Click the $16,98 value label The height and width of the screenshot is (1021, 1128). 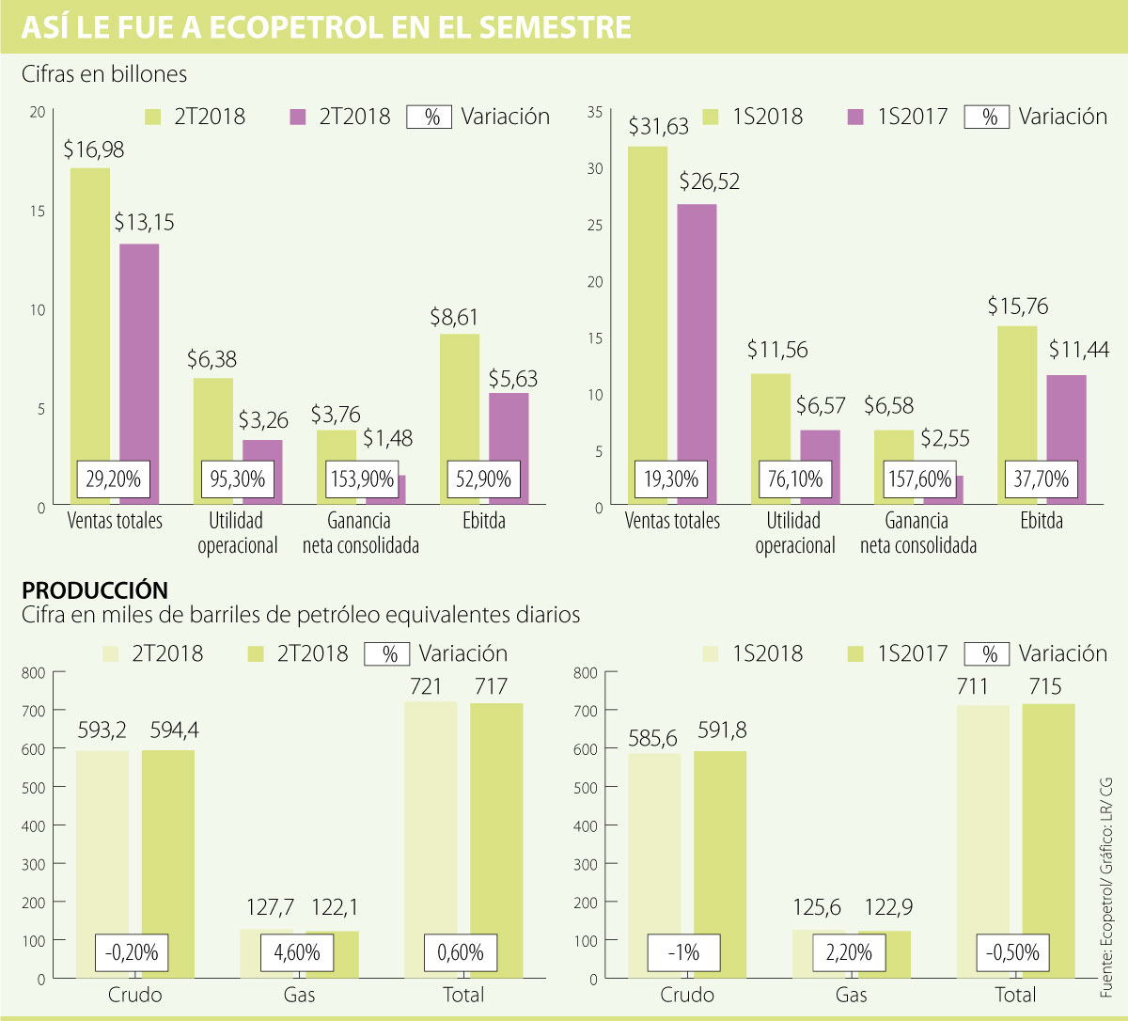(x=94, y=150)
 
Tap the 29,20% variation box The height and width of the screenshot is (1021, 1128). (x=114, y=479)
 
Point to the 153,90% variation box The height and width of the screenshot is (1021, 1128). (x=362, y=479)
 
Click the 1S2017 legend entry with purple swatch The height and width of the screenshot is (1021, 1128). (x=898, y=117)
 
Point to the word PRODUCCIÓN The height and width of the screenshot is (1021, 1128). (x=95, y=590)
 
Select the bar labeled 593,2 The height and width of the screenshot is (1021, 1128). (x=102, y=846)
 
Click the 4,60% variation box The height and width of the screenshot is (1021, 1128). (x=297, y=952)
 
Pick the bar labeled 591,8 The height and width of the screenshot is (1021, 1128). (x=720, y=846)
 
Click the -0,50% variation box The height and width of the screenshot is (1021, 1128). (x=1013, y=952)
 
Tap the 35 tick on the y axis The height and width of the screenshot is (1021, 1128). (x=594, y=112)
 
